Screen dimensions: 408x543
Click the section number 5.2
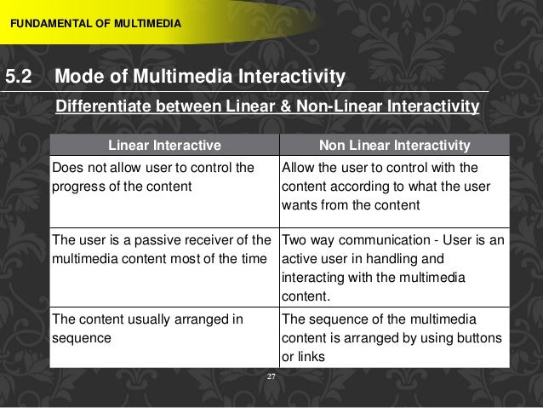tap(19, 78)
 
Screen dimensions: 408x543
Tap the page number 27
tap(271, 375)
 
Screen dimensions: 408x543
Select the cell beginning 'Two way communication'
tap(392, 267)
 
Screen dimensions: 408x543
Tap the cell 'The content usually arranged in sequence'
tap(163, 328)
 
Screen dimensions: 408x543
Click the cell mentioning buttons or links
tap(392, 337)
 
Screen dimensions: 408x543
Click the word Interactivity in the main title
tap(287, 78)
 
